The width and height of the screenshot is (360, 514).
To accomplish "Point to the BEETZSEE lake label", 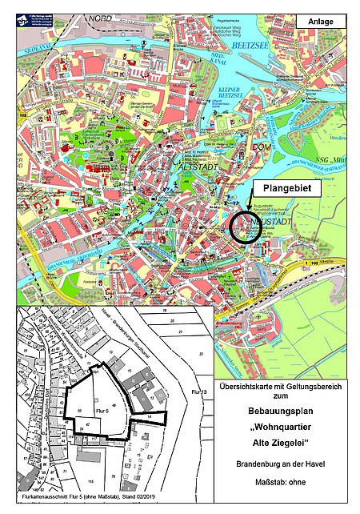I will point(246,47).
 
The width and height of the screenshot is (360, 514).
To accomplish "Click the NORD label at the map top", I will point(102,17).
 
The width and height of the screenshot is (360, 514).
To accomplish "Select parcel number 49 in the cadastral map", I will point(114,406).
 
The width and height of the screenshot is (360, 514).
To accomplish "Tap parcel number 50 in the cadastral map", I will point(79,409).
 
